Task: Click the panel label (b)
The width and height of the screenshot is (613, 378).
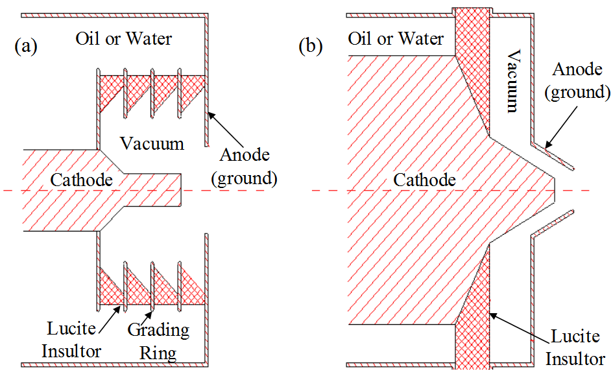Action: [x=310, y=47]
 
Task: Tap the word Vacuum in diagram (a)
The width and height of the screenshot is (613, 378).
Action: [x=153, y=143]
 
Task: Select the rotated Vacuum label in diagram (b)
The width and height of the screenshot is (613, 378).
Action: [x=513, y=81]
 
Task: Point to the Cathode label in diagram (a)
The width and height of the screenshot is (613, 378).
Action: [x=81, y=179]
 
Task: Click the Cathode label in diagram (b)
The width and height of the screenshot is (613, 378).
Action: [x=425, y=180]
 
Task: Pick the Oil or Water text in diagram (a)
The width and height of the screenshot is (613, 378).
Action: [x=124, y=38]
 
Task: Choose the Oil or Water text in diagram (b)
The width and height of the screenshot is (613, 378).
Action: [x=396, y=38]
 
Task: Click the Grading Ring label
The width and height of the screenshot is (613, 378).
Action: [x=158, y=341]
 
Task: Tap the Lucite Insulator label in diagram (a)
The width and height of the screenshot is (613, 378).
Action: [x=72, y=341]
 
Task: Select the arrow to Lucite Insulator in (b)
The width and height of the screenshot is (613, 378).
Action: [x=519, y=325]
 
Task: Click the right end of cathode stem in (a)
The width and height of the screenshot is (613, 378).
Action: [x=182, y=191]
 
